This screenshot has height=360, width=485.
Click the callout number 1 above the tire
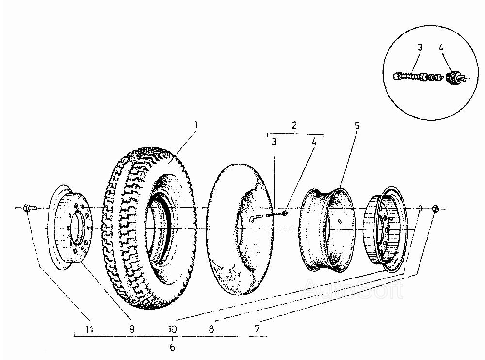(196, 124)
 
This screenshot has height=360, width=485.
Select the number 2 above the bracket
(294, 126)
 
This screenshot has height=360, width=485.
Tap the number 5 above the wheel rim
(356, 126)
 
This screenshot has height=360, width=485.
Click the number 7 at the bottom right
(256, 329)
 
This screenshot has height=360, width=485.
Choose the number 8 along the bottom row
(211, 329)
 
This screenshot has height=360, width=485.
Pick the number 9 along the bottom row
(131, 329)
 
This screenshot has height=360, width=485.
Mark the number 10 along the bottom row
(172, 329)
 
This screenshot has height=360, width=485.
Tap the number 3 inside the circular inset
(420, 48)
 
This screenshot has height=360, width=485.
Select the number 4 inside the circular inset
(441, 48)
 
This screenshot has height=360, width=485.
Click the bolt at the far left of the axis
(28, 208)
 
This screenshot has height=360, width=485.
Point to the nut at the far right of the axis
(435, 208)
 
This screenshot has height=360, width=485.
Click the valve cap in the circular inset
(454, 78)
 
